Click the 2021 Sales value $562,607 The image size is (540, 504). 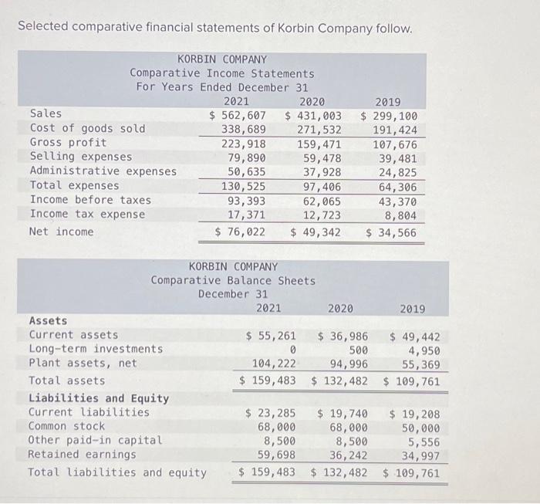pos(238,114)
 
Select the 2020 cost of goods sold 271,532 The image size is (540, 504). pos(319,129)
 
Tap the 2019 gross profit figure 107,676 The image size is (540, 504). pos(395,144)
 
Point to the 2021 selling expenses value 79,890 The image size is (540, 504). pos(245,157)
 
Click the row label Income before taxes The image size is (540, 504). pos(90,200)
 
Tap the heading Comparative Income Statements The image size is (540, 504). pos(222,73)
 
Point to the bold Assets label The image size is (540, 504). pos(48,320)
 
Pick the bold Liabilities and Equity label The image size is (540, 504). pos(99,398)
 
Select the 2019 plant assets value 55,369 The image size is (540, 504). pos(420,364)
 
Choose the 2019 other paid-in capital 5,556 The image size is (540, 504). pos(424,441)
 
